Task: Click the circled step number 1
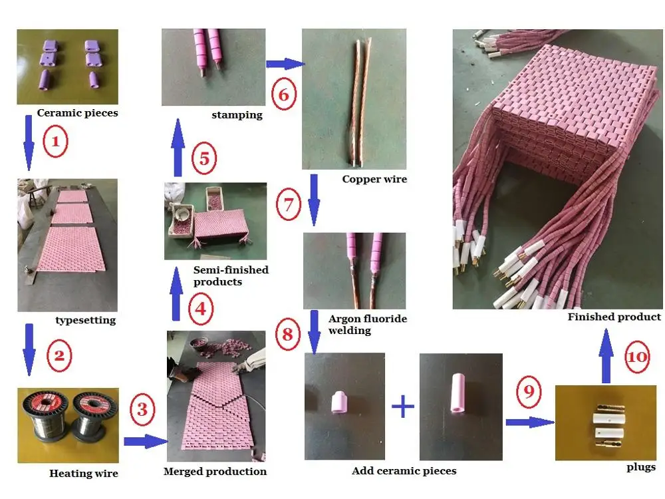tap(55, 141)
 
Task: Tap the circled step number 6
tap(283, 94)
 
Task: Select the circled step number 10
tap(638, 357)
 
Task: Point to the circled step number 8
tap(287, 334)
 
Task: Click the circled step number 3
tap(142, 409)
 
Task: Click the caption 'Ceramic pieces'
tap(77, 113)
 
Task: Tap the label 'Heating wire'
tap(84, 473)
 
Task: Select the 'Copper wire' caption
tap(374, 179)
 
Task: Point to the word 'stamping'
tap(237, 115)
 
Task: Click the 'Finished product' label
tap(614, 317)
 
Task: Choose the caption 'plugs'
tap(641, 467)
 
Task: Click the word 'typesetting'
tap(86, 320)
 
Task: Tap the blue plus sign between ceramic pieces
tap(403, 407)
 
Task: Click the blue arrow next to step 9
tap(530, 422)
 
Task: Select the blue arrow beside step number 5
tap(178, 148)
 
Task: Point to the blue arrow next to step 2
tap(29, 350)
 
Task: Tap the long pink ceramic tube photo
tap(461, 407)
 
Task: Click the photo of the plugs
tap(606, 422)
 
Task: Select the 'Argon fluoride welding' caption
tap(368, 325)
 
